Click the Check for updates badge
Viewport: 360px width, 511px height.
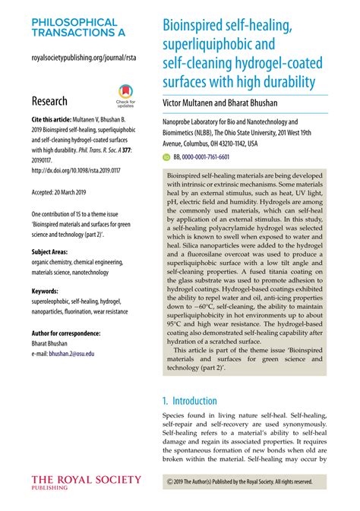[126, 96]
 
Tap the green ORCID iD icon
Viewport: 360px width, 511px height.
[167, 156]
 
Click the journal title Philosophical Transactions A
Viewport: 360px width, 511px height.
[74, 28]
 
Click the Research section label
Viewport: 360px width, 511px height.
[49, 101]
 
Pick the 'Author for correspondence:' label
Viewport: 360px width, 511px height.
[70, 333]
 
